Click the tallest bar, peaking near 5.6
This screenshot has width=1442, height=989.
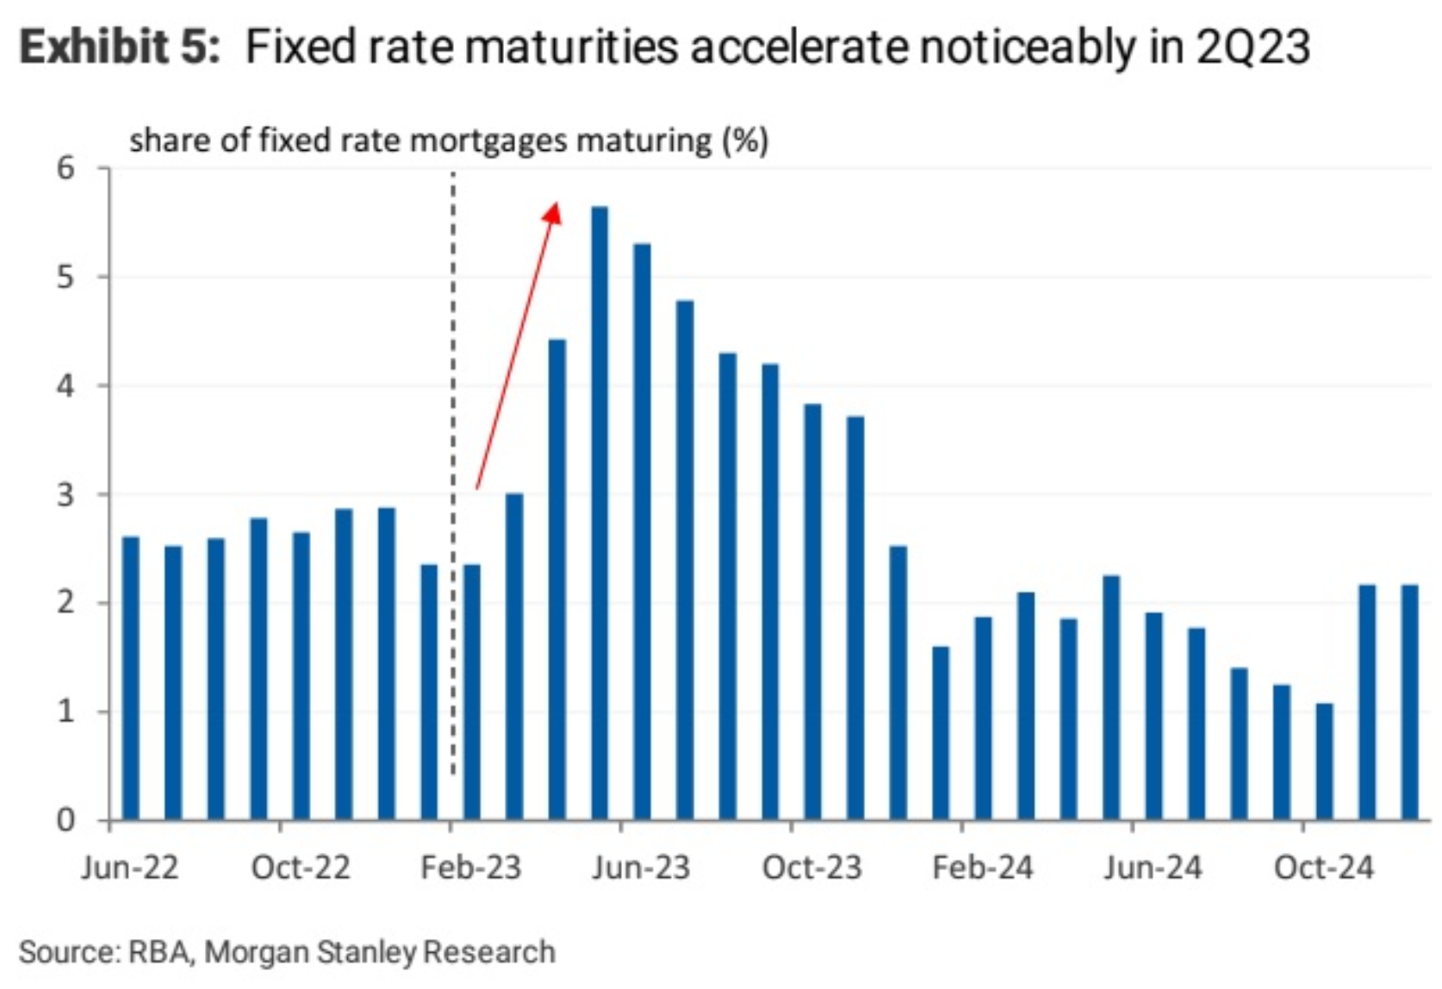600,517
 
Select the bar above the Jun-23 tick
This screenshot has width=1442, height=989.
642,534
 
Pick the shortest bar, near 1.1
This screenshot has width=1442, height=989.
1324,762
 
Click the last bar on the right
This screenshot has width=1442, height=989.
1409,702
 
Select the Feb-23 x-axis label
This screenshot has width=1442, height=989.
471,868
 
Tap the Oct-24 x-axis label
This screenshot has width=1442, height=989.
1323,868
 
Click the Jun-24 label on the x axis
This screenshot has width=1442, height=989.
1153,868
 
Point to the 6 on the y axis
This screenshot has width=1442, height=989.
66,168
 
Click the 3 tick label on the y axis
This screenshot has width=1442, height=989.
66,494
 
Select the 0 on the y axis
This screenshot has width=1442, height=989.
66,820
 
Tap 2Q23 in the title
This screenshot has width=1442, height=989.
1253,47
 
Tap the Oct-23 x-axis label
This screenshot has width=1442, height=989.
811,868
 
